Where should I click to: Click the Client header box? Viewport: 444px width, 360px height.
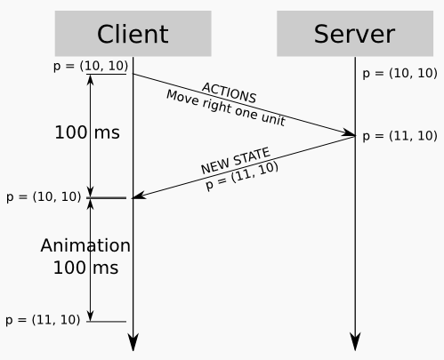[x=133, y=34]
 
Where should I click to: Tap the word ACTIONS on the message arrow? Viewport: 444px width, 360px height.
[x=229, y=92]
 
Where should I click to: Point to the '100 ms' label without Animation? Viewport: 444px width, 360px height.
[x=87, y=132]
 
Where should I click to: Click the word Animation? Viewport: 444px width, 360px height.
[x=86, y=245]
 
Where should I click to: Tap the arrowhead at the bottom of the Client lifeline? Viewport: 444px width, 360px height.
[x=133, y=342]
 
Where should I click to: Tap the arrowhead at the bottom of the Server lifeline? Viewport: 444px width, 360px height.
[x=355, y=342]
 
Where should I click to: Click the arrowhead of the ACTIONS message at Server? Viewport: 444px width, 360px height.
[x=349, y=134]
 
